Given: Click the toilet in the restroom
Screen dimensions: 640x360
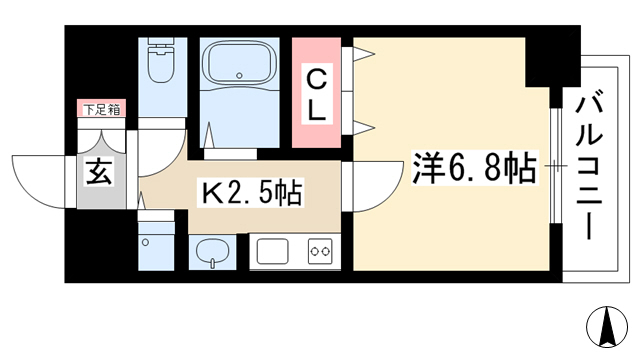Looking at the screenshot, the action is pos(162,60).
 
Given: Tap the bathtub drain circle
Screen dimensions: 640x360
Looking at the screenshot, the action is pos(239,76).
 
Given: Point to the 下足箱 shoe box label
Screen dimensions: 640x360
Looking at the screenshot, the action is pos(102,109).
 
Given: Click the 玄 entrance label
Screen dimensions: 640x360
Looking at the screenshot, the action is pos(100,172).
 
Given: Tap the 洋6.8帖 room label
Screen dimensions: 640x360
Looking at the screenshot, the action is pos(473,167).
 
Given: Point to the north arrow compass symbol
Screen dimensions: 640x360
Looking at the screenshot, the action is pos(607,327).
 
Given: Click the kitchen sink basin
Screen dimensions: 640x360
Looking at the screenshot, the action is pos(273,251).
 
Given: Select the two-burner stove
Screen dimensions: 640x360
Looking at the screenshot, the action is pos(320,251).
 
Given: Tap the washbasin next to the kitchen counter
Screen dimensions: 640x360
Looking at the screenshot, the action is pos(212,251).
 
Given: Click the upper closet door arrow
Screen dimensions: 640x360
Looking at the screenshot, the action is pos(363,53).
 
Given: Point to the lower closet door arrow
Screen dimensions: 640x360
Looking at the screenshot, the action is pos(363,127).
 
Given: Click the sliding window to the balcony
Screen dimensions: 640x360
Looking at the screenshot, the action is pos(554,166).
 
